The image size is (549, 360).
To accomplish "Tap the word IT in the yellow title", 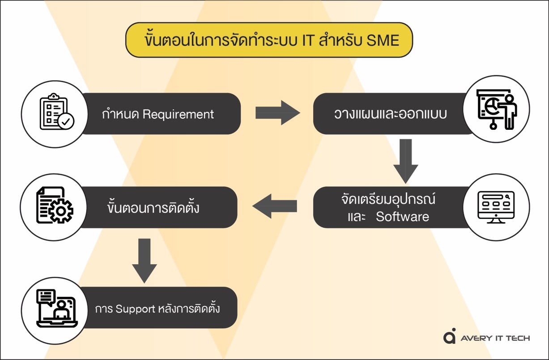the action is (x=307, y=40).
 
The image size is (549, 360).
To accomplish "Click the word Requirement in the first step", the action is (x=178, y=115).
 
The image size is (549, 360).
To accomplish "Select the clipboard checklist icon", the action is (x=57, y=111).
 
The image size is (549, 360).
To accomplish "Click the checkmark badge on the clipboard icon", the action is (x=66, y=121).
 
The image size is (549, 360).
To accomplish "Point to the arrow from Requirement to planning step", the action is (x=278, y=113).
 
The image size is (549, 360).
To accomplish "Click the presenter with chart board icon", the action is (x=497, y=109).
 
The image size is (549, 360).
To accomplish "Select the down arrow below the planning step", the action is (x=406, y=161).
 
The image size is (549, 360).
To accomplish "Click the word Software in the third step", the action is (x=402, y=217).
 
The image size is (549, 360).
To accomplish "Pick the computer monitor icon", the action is (x=496, y=207).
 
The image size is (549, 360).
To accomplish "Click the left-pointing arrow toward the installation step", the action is (x=275, y=206).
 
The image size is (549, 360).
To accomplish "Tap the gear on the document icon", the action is (x=61, y=211).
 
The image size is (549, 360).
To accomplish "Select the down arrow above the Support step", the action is (x=145, y=261).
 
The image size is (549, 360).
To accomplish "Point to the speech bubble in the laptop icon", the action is (x=46, y=297).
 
